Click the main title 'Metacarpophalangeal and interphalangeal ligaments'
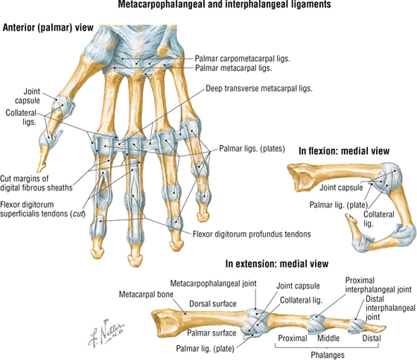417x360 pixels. click(x=224, y=4)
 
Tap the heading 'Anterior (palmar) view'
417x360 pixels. click(x=48, y=28)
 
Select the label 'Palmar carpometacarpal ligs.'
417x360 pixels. click(x=242, y=59)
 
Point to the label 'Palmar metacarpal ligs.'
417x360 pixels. click(x=234, y=68)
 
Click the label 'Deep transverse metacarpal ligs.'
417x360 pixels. click(x=259, y=89)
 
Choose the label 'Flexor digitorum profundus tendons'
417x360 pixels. click(x=252, y=234)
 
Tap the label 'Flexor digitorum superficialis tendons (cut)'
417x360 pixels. click(x=42, y=209)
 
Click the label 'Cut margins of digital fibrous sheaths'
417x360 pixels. click(x=36, y=183)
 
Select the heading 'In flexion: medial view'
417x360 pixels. click(x=344, y=151)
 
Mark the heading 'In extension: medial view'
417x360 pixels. click(x=277, y=263)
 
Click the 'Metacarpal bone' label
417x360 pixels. click(x=146, y=295)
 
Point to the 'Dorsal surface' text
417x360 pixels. click(x=213, y=303)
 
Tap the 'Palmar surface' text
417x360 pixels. click(x=211, y=333)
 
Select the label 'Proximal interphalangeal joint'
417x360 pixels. click(x=378, y=285)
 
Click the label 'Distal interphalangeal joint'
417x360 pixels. click(x=390, y=308)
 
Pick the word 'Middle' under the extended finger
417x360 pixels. click(x=328, y=338)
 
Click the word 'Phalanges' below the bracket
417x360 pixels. click(x=328, y=355)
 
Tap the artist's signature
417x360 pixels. click(x=106, y=332)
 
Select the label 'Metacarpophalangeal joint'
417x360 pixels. click(x=213, y=283)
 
